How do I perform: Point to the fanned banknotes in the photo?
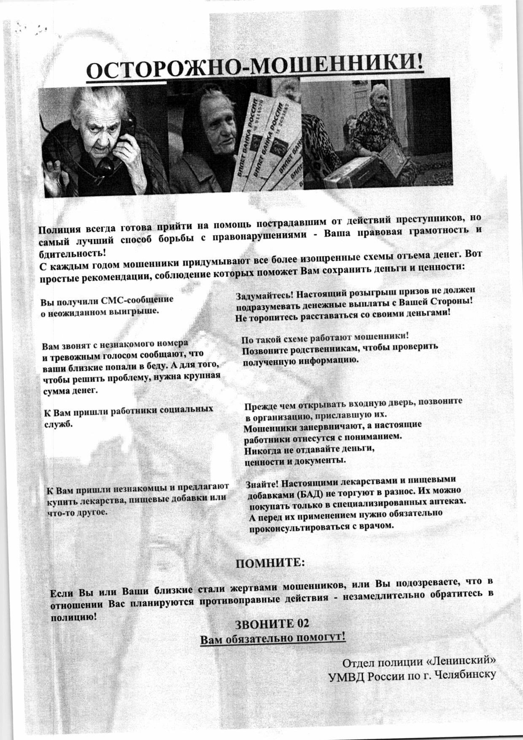[x=270, y=139]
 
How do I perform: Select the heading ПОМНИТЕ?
[x=269, y=564]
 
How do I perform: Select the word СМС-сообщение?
[x=137, y=301]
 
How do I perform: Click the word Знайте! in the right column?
[x=261, y=484]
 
